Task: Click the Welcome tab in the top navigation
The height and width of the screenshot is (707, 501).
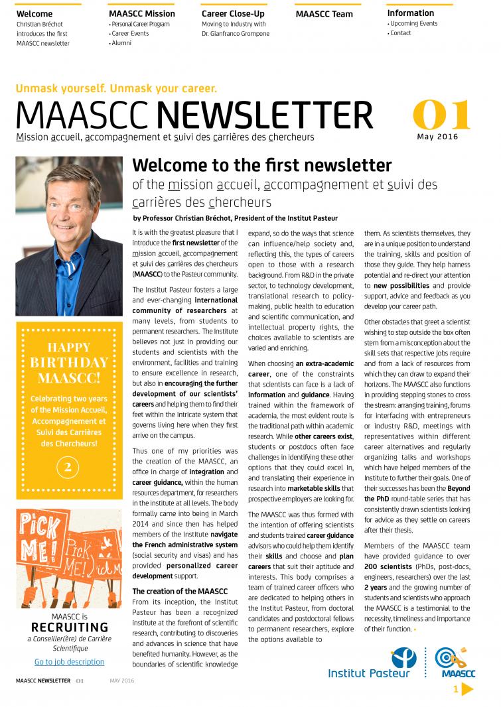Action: pyautogui.click(x=34, y=13)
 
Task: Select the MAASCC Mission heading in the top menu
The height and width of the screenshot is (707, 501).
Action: pyautogui.click(x=142, y=13)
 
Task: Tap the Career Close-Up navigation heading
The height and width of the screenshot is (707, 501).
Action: pyautogui.click(x=233, y=13)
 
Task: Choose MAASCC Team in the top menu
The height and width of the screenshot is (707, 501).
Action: pyautogui.click(x=324, y=13)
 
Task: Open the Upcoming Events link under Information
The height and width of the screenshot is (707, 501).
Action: pyautogui.click(x=413, y=24)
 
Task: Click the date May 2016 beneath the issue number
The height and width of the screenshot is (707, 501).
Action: pyautogui.click(x=437, y=137)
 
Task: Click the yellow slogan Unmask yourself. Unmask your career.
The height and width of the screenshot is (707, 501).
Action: pyautogui.click(x=116, y=88)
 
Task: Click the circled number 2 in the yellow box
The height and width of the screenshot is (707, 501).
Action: pyautogui.click(x=68, y=468)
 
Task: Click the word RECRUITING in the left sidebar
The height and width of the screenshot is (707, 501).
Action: pyautogui.click(x=69, y=627)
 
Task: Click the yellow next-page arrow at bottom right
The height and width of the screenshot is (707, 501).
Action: pyautogui.click(x=467, y=690)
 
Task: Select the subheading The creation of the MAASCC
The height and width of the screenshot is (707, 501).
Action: pyautogui.click(x=180, y=591)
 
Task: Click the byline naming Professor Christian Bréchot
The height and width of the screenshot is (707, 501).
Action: pyautogui.click(x=235, y=218)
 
